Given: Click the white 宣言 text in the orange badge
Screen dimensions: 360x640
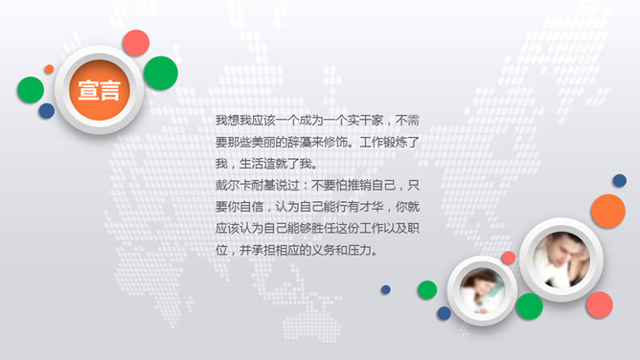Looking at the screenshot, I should pyautogui.click(x=99, y=92).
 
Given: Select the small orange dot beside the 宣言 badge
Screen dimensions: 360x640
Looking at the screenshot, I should pyautogui.click(x=49, y=69).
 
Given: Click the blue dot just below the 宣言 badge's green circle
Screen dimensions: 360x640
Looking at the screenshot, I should pyautogui.click(x=46, y=111).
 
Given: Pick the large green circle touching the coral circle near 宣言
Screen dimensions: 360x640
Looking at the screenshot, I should pyautogui.click(x=161, y=72).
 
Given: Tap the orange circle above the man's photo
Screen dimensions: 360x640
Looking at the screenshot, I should pyautogui.click(x=607, y=211).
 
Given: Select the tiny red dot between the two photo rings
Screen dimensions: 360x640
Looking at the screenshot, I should pyautogui.click(x=508, y=258).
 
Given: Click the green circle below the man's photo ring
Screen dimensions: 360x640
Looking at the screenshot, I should pyautogui.click(x=529, y=305).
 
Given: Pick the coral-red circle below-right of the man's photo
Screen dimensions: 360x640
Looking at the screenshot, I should pyautogui.click(x=600, y=304).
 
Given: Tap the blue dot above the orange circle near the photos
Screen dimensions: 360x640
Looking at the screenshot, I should pyautogui.click(x=619, y=180).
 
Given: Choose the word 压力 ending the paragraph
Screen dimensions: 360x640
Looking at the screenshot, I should pyautogui.click(x=365, y=251).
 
